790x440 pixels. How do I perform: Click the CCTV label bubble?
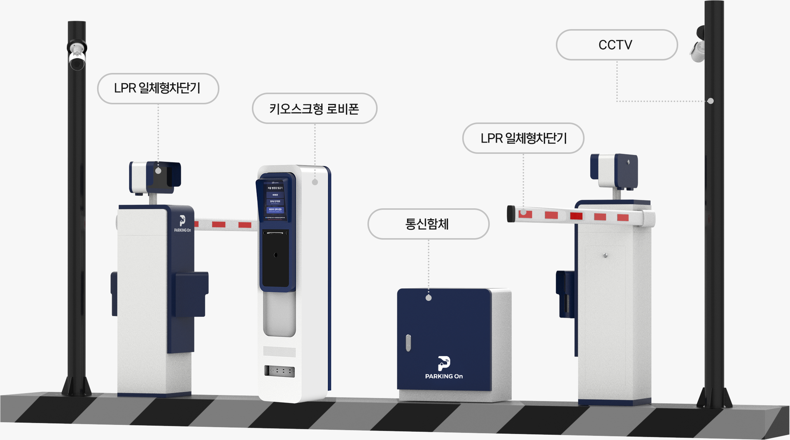(x=616, y=45)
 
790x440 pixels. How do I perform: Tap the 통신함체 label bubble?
(x=428, y=224)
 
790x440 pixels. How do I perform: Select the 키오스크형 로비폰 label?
(x=314, y=109)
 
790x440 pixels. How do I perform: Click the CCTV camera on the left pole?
(x=77, y=55)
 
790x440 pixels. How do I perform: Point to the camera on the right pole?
(x=698, y=45)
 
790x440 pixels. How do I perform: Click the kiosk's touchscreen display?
(x=275, y=200)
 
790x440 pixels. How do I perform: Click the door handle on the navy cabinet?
(x=408, y=343)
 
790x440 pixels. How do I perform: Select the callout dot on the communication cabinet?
(x=429, y=298)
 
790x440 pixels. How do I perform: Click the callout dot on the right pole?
(x=711, y=101)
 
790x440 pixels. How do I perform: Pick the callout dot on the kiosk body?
(x=315, y=182)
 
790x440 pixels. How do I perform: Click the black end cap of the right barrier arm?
(x=511, y=214)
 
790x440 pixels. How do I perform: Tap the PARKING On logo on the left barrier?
(x=182, y=224)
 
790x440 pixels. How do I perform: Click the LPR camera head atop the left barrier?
(x=156, y=178)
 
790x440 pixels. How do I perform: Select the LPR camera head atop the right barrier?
(x=614, y=171)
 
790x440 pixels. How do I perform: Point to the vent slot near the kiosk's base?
(x=280, y=371)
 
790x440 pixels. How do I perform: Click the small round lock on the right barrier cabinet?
(x=605, y=255)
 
